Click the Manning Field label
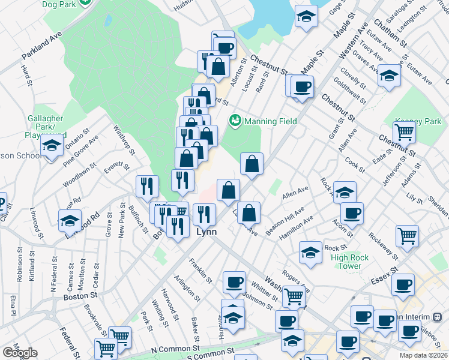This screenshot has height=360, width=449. click(271, 121)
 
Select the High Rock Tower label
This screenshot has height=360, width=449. click(346, 262)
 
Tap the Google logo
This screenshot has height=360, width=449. click(20, 353)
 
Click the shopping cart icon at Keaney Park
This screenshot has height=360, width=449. click(405, 131)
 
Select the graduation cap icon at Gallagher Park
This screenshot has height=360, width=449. click(52, 146)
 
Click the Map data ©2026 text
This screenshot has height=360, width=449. click(424, 355)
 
